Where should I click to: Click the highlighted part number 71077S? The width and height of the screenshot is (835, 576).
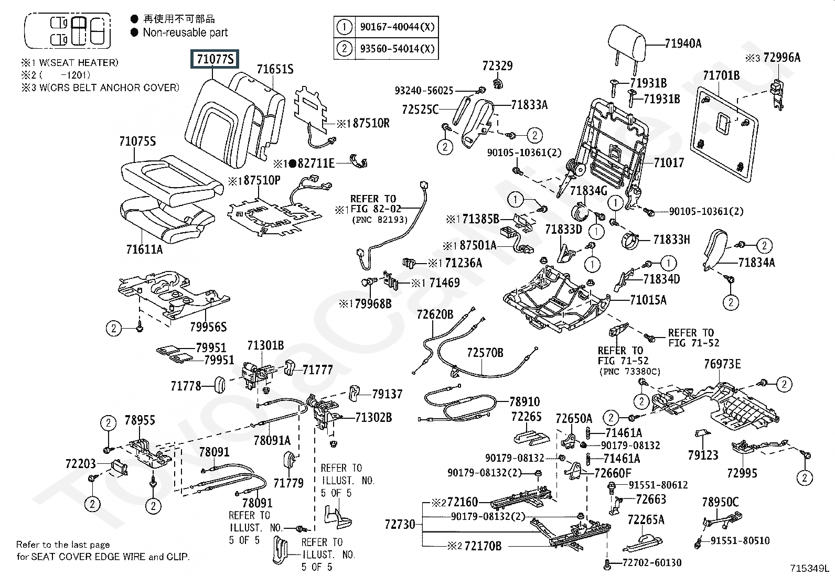pos(215,60)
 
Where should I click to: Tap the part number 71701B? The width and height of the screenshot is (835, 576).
pos(721,76)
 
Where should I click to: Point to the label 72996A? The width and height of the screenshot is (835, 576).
pos(782,58)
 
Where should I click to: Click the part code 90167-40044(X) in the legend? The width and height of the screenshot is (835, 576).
pos(397,27)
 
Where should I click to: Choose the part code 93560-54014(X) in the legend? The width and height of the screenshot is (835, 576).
pos(397,49)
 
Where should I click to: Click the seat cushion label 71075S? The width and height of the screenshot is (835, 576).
pos(137,142)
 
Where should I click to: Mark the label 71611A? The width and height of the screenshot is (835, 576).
pos(144,249)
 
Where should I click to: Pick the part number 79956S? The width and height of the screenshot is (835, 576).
pos(208,327)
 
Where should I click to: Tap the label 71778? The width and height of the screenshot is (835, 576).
pos(186,386)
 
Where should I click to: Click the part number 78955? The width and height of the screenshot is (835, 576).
pos(140,420)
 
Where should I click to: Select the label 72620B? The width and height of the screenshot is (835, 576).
pos(435,314)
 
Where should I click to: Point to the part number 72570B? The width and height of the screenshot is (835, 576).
pos(485,353)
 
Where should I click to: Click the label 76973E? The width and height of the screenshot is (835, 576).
pos(722,364)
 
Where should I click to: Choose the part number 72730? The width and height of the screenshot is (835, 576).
pos(400,524)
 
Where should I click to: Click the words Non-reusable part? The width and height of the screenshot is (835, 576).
pos(185,32)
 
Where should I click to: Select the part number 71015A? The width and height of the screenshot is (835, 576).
pos(648,300)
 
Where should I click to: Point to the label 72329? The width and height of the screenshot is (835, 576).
pos(497,66)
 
